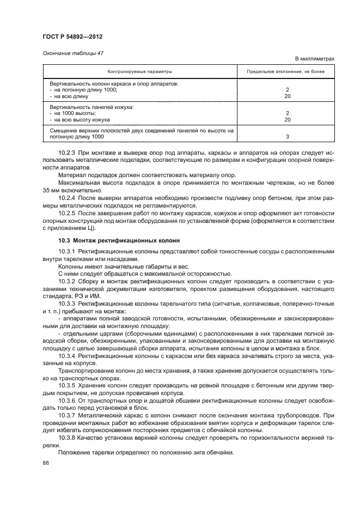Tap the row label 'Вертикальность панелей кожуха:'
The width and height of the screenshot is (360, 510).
(91, 107)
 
